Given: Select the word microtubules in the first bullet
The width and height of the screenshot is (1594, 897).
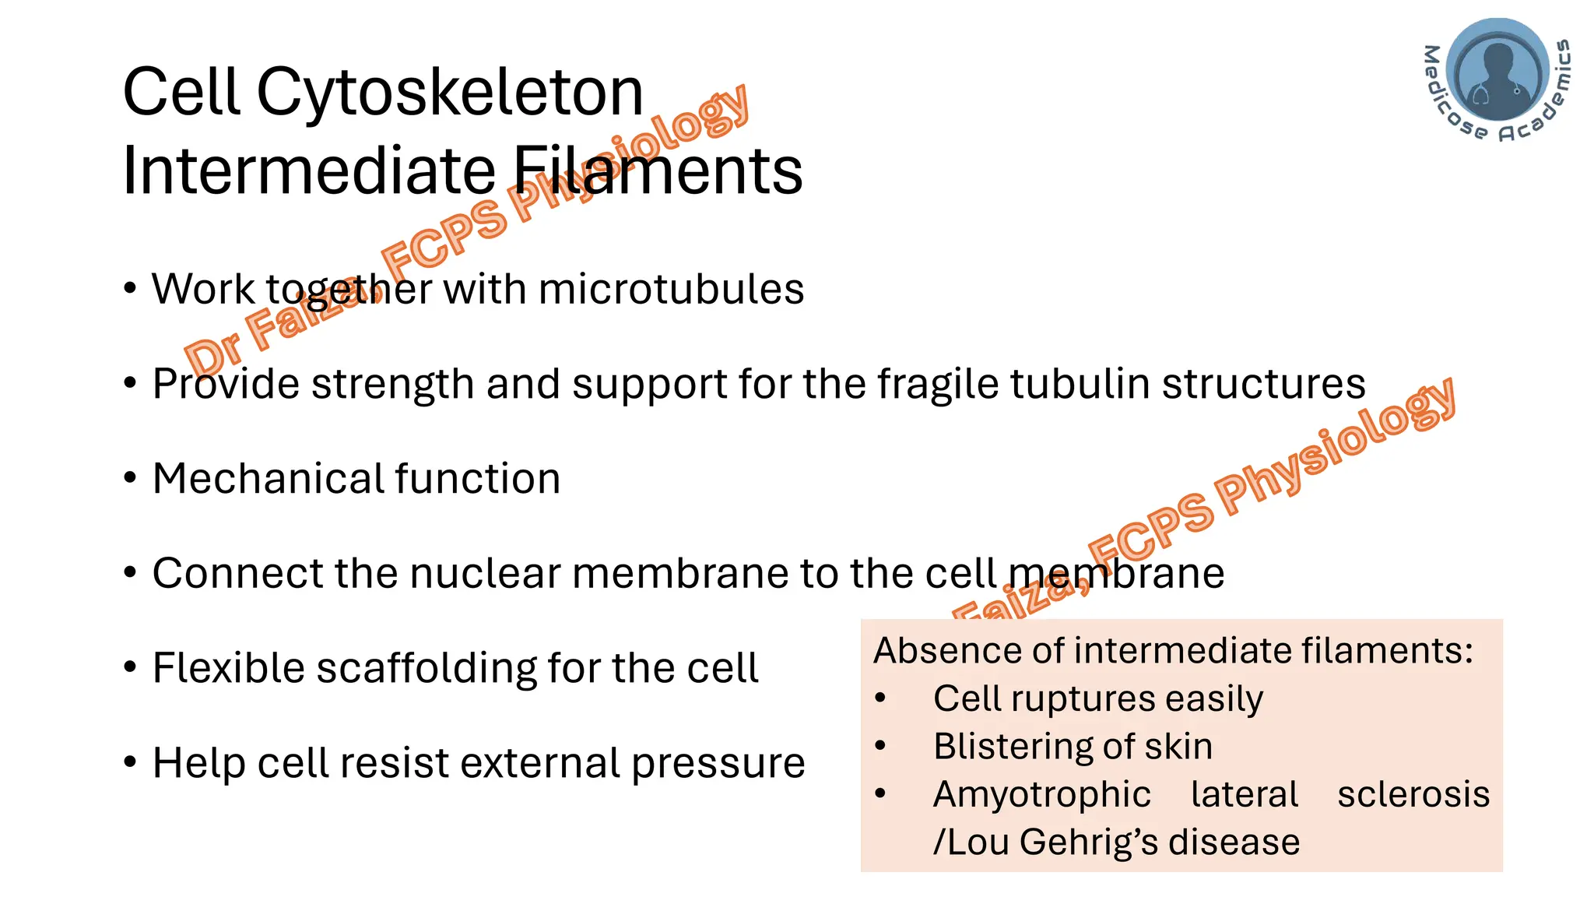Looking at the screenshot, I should [x=671, y=290].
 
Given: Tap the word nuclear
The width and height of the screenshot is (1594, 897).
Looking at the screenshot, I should [x=485, y=573].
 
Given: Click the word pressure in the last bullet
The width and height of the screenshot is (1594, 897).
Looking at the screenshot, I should [x=718, y=763].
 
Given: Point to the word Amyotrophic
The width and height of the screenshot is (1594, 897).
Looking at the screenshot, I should [x=1041, y=794].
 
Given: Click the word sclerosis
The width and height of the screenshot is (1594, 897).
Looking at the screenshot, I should [x=1413, y=794].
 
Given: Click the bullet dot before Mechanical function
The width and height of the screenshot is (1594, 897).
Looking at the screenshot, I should [x=130, y=478].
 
